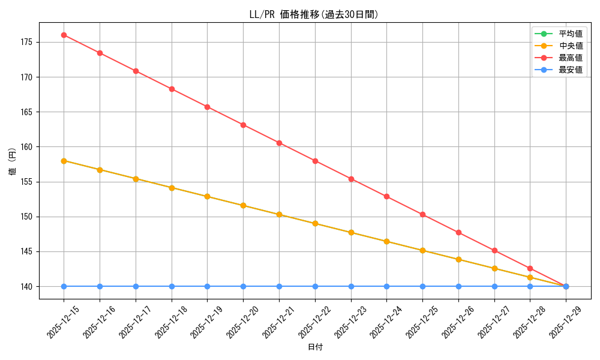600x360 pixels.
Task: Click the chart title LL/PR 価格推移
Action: tap(314, 14)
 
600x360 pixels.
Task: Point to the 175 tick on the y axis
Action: tap(28, 43)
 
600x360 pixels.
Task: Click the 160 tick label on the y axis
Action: tap(28, 147)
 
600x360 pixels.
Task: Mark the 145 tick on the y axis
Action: tap(28, 251)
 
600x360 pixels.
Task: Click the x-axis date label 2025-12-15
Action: tap(64, 322)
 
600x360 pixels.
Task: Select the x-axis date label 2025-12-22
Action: tap(315, 322)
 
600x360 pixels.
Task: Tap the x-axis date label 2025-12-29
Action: tap(566, 322)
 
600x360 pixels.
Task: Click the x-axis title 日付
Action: tap(315, 347)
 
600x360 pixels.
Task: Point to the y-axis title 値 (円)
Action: tap(13, 163)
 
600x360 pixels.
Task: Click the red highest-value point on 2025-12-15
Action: tap(64, 35)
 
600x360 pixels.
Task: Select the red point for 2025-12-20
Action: tap(243, 125)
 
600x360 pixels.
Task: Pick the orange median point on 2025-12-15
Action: tap(64, 161)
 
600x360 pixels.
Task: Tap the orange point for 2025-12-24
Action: tap(386, 241)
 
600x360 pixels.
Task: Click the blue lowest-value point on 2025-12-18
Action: tap(172, 286)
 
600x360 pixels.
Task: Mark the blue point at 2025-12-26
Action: tap(458, 286)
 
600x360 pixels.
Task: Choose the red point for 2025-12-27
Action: tap(494, 250)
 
